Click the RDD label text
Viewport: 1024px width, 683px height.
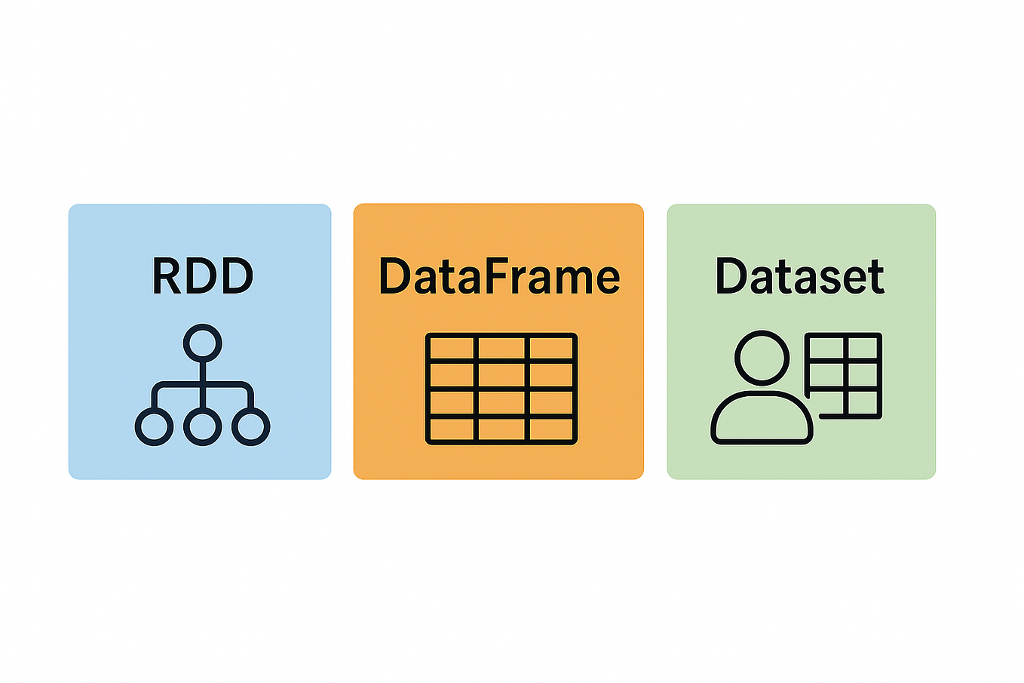tap(202, 276)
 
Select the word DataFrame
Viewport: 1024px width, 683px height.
tap(498, 276)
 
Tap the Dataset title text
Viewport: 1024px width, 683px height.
tap(799, 276)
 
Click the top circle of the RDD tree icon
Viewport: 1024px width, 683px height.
tap(202, 344)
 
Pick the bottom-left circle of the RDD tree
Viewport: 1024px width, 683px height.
tap(154, 426)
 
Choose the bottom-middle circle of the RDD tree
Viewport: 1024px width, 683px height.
tap(202, 426)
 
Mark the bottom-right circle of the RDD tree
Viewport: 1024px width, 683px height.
tap(250, 426)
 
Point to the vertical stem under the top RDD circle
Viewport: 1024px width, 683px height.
tap(202, 374)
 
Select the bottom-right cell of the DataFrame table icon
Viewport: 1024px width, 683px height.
tap(551, 429)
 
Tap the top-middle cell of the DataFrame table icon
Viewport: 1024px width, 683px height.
tap(501, 348)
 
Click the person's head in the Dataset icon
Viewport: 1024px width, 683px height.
tap(762, 358)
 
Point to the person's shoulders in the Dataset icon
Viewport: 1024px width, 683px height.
tap(762, 419)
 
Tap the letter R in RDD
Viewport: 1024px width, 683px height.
tap(167, 276)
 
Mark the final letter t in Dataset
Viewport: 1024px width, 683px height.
tap(875, 278)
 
